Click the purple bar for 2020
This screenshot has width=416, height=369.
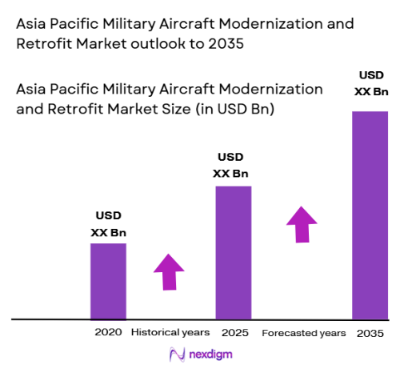108,281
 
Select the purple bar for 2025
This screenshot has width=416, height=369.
233,252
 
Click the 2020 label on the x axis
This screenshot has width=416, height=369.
108,332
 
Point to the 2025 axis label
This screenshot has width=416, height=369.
234,332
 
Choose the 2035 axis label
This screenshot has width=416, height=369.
370,332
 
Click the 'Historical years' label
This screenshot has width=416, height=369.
170,332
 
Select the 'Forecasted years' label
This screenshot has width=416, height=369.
304,332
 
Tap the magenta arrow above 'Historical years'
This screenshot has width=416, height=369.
169,271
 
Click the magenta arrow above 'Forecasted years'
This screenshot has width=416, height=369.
302,223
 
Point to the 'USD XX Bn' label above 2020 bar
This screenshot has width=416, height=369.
109,224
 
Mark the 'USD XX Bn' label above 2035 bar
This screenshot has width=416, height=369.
370,84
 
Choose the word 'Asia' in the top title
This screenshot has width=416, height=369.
34,25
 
